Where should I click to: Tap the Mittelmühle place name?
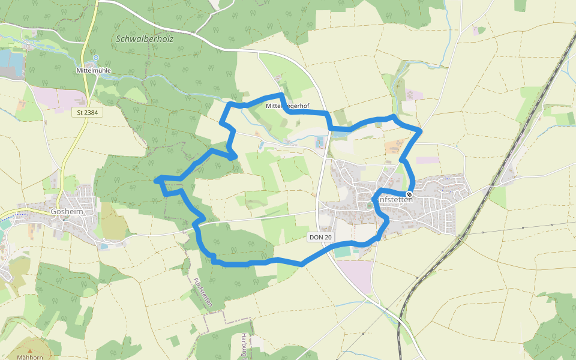[x=94, y=71]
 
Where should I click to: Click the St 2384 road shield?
[x=88, y=112]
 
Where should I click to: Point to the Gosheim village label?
[x=67, y=212]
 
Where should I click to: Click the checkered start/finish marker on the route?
[x=409, y=194]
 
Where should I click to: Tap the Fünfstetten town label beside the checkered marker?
[x=393, y=200]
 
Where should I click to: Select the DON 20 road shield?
[x=320, y=237]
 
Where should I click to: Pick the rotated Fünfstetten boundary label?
[x=202, y=292]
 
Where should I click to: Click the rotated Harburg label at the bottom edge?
[x=244, y=347]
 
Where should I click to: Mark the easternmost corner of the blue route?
[x=421, y=130]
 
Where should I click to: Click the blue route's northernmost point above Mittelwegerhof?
[x=280, y=94]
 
